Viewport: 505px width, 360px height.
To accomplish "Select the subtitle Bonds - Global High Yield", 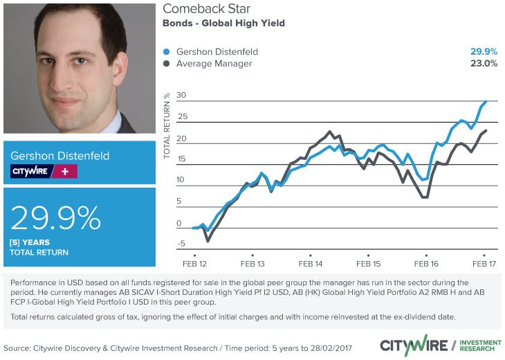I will (x=223, y=23).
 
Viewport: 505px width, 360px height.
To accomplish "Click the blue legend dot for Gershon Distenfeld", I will (x=166, y=52).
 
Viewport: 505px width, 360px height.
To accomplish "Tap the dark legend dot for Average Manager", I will (x=166, y=64).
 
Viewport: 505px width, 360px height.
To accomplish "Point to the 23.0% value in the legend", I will (x=484, y=64).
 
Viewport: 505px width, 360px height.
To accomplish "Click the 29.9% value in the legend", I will (x=484, y=52).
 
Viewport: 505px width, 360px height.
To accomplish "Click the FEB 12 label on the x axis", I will (x=194, y=264).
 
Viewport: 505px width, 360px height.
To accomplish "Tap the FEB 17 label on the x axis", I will (x=484, y=264).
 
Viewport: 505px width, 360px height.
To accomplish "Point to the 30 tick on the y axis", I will (x=182, y=95).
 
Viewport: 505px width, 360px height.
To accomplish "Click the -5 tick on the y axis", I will (x=182, y=244).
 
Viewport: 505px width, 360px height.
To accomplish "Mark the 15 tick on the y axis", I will (x=182, y=159).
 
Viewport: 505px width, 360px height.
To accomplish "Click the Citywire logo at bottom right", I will (x=412, y=345).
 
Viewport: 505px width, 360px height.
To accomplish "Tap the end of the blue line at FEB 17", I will (x=486, y=102).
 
